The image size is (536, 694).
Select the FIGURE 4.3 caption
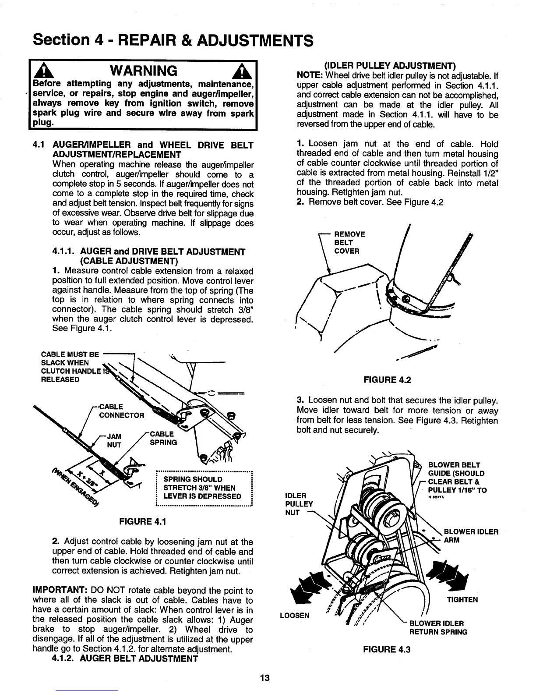[387, 649]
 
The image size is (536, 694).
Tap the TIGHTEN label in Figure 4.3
[462, 599]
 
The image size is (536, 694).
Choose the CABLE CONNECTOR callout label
[122, 411]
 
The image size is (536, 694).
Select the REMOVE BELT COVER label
[349, 242]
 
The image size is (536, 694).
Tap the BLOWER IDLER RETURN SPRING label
[438, 628]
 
